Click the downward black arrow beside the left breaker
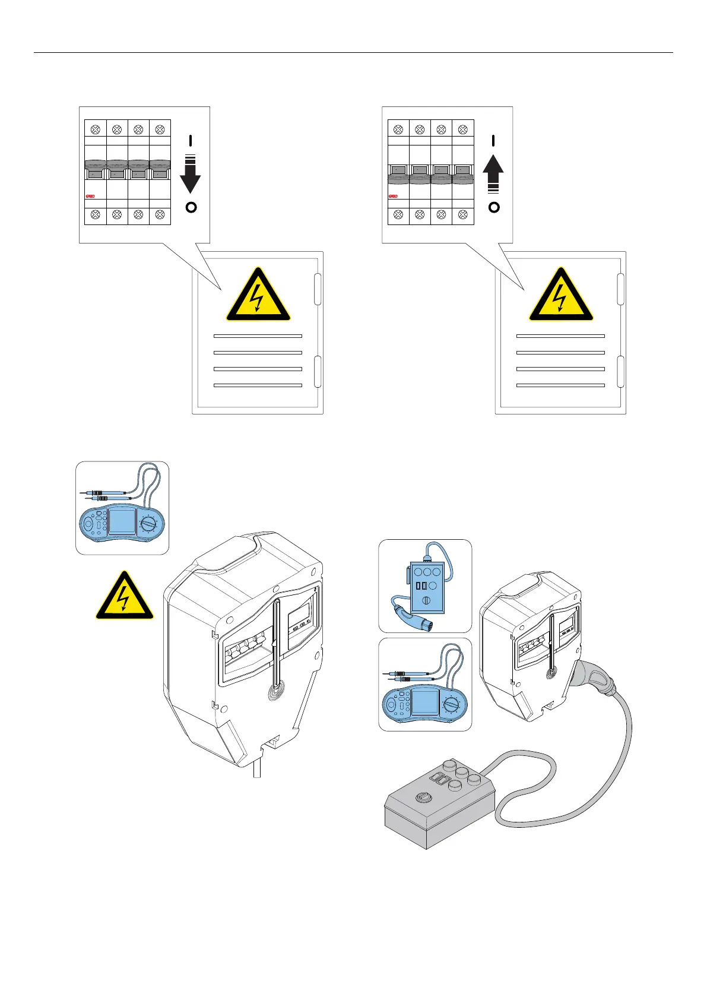pos(191,178)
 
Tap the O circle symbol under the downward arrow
pos(191,208)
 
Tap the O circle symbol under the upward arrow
pos(494,208)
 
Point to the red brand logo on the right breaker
pos(393,196)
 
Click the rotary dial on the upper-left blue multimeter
pos(149,524)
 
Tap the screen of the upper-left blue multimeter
pos(121,521)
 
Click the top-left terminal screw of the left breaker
pos(96,129)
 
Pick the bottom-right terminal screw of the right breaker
pos(462,214)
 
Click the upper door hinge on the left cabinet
pos(318,289)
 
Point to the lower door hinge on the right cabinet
pos(620,371)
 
